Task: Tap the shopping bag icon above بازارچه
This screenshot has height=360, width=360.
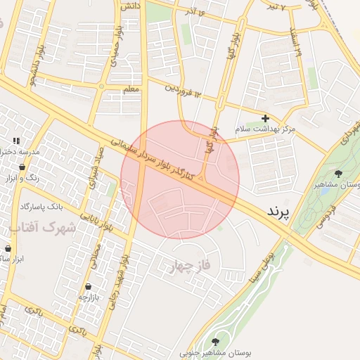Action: [x=89, y=286]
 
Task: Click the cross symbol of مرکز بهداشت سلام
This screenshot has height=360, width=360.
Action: [x=265, y=119]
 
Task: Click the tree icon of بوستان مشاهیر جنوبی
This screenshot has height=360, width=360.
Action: [x=215, y=342]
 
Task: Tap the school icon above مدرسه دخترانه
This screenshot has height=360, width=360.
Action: [x=16, y=141]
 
